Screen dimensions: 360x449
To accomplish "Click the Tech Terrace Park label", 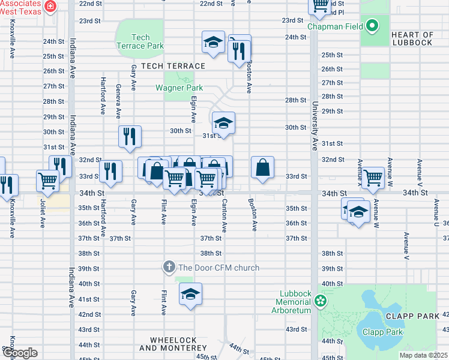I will [x=140, y=41].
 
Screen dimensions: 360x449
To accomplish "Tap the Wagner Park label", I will [x=179, y=88].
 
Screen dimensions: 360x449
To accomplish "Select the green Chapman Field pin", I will [x=372, y=26].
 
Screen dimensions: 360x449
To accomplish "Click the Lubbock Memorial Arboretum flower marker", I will [x=321, y=300].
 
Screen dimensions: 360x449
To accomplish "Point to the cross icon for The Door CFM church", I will [x=169, y=267].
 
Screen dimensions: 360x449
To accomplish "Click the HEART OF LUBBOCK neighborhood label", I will [x=412, y=38].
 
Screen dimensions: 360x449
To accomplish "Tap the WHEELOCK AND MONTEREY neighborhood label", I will [x=173, y=344].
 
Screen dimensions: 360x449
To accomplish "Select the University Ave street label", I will [x=315, y=127].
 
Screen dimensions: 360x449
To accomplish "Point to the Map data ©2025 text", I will [x=423, y=355].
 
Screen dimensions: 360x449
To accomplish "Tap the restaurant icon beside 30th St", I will [x=130, y=136].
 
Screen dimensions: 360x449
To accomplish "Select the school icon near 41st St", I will [x=191, y=294].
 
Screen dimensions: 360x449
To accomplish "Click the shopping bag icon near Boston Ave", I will [x=263, y=167].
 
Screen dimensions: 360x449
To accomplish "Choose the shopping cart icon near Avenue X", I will [x=373, y=178].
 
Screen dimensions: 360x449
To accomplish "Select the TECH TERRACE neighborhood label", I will [x=173, y=66].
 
